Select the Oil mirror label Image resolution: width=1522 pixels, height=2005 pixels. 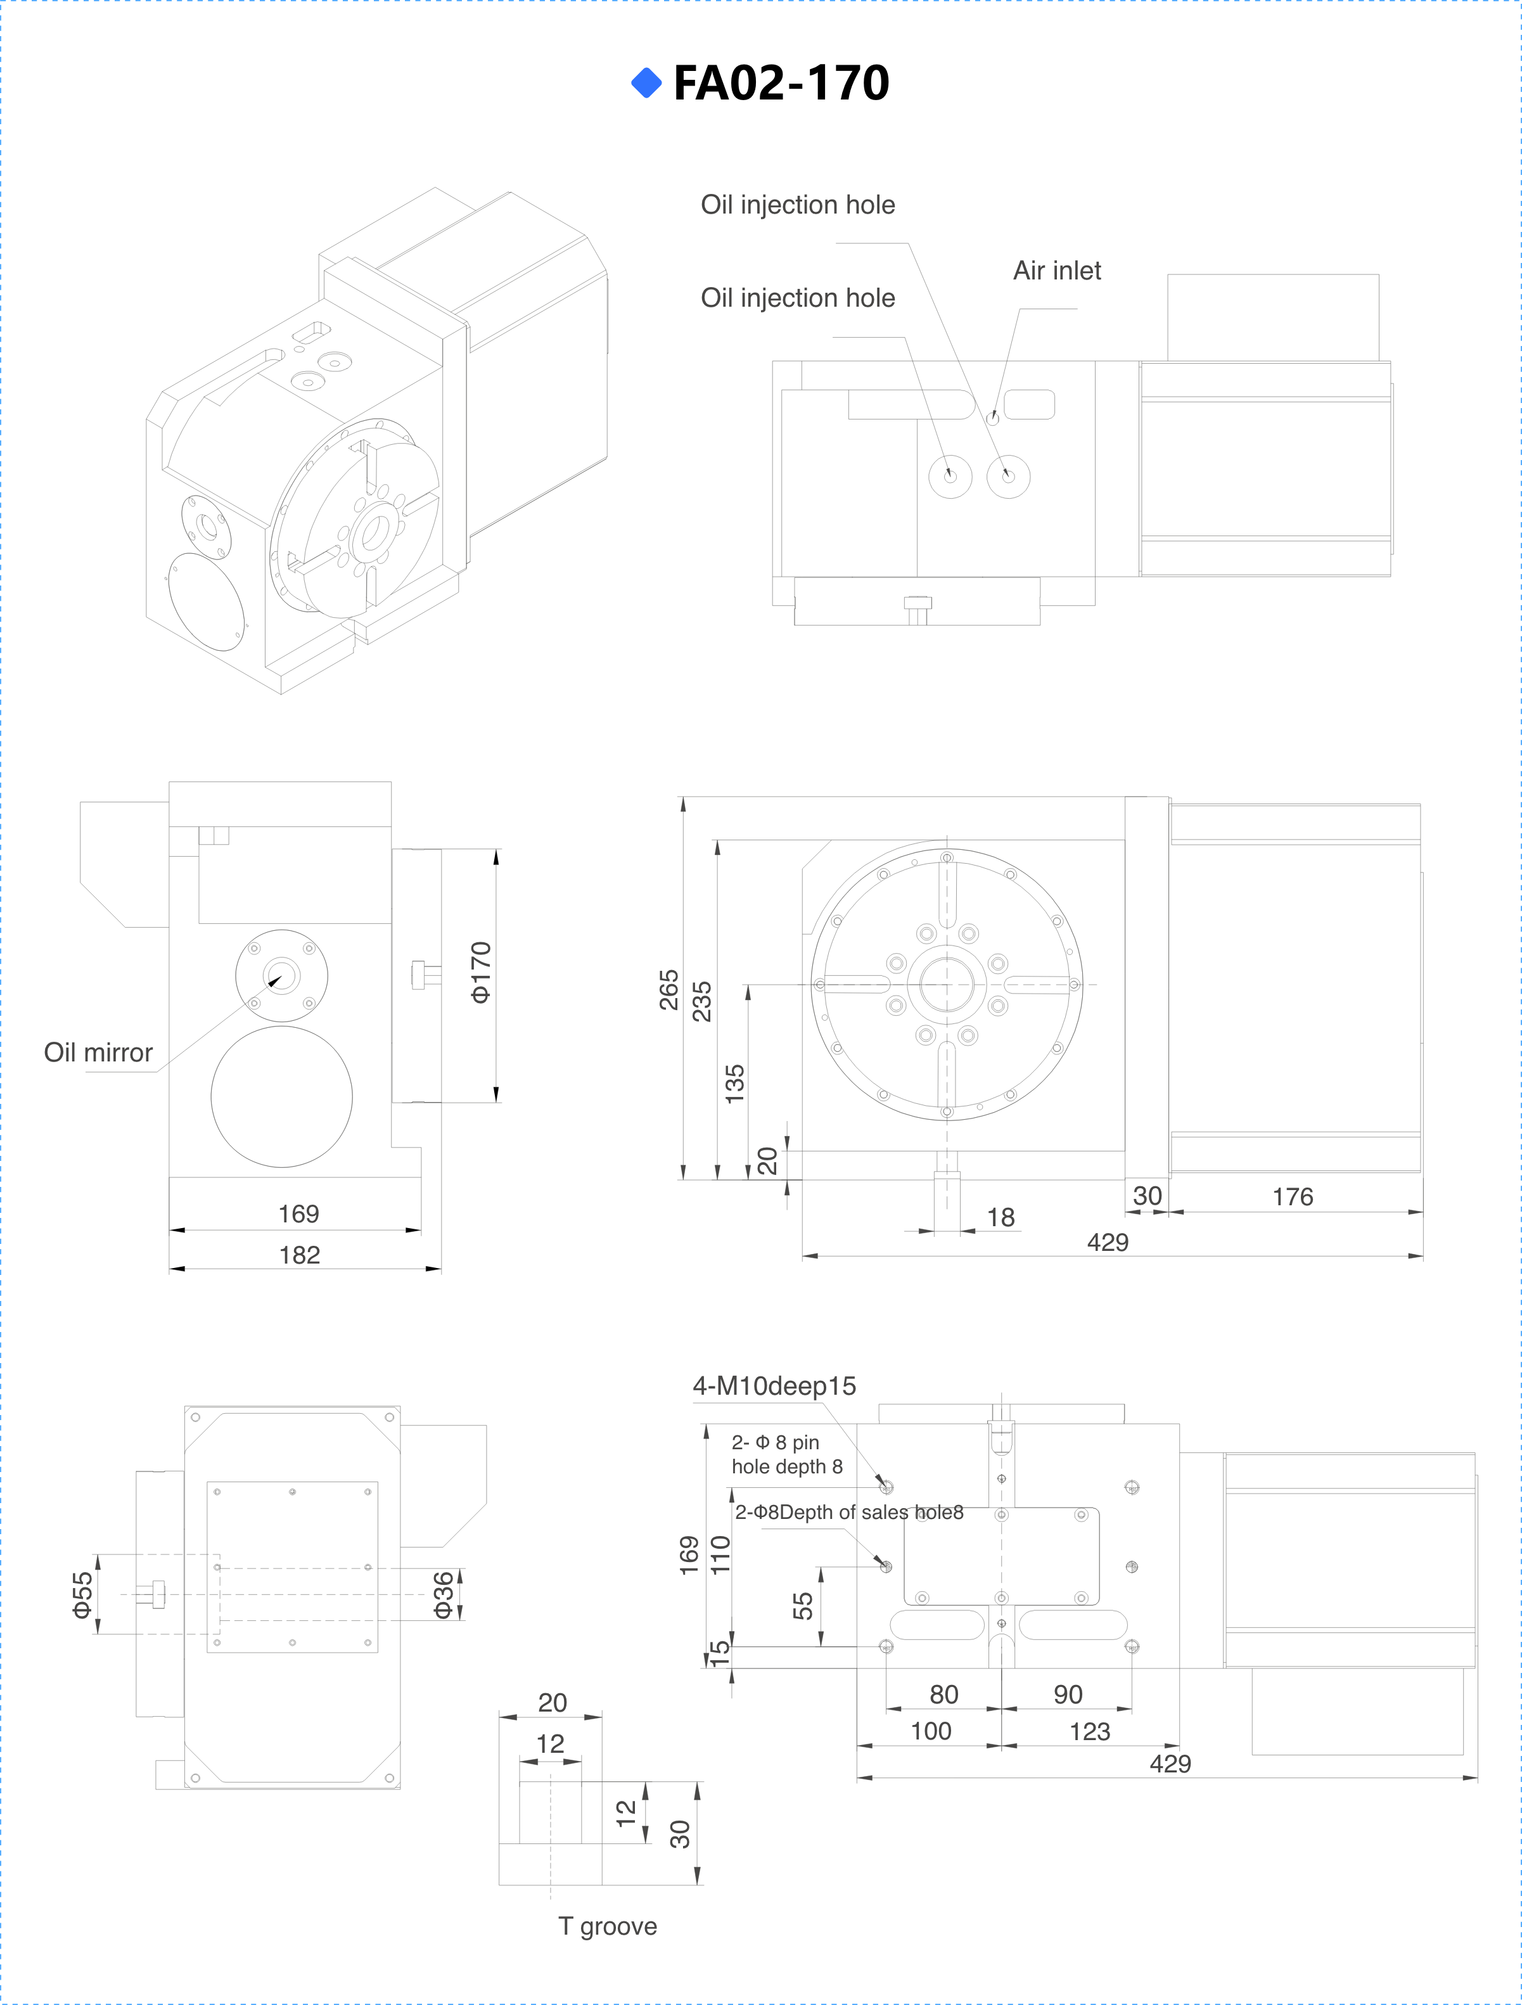(x=98, y=1053)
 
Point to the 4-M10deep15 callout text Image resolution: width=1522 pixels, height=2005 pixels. (x=774, y=1386)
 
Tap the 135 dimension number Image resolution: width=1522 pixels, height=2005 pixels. (x=735, y=1084)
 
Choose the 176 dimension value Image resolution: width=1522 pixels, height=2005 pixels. (x=1293, y=1198)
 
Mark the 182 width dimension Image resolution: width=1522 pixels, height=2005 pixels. (x=300, y=1255)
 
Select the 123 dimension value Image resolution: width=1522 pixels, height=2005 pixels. (x=1090, y=1732)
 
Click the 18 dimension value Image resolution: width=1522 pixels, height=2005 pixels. (x=1001, y=1217)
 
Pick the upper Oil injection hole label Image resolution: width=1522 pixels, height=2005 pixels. (x=798, y=205)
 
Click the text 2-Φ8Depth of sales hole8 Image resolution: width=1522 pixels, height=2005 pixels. (x=848, y=1513)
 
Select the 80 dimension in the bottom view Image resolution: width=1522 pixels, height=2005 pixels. (x=943, y=1695)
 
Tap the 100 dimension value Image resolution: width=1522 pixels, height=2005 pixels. (x=931, y=1731)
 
